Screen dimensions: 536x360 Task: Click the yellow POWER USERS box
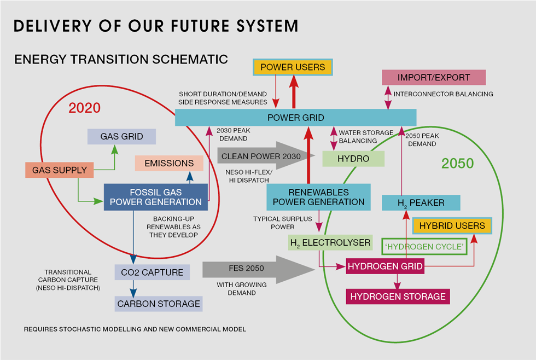tap(293, 67)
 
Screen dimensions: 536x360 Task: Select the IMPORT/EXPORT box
tap(433, 77)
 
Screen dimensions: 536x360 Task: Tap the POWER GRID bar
tap(296, 118)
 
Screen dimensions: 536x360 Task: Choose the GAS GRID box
tap(121, 136)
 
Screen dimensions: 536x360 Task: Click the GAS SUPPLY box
tap(60, 170)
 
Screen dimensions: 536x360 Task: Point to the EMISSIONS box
tap(169, 163)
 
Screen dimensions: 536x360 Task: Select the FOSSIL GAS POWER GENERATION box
tap(156, 197)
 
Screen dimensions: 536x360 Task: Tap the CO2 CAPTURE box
tap(152, 272)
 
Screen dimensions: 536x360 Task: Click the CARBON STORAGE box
tap(159, 304)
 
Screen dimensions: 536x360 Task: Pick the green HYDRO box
tap(353, 159)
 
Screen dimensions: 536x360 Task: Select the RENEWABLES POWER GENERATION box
tap(318, 197)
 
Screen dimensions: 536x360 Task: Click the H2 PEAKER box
tap(421, 203)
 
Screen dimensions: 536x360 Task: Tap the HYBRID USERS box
tap(452, 225)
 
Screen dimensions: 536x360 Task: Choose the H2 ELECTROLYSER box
tap(330, 242)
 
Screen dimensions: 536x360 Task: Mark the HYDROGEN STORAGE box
tap(398, 297)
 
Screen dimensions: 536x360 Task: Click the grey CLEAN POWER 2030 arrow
tap(266, 156)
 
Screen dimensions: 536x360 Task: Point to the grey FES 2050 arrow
tap(258, 269)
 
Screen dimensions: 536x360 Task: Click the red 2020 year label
tap(84, 108)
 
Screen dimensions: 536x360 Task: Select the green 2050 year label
tap(457, 163)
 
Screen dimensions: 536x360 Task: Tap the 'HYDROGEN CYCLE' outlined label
tap(424, 247)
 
